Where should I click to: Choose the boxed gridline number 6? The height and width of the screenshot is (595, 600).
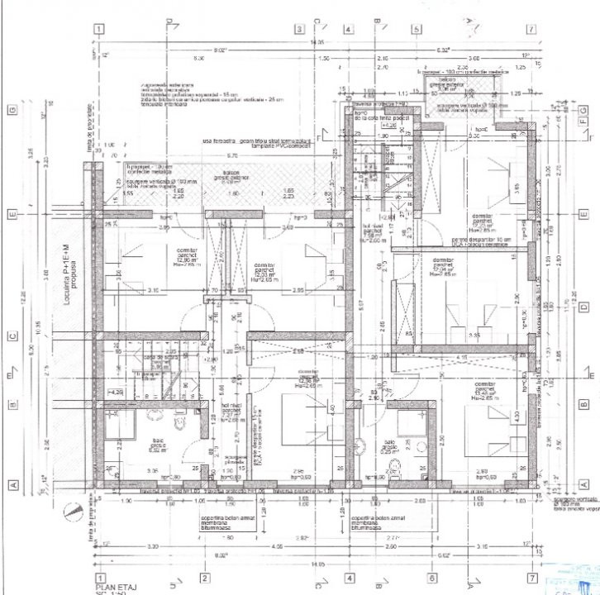pyautogui.click(x=431, y=578)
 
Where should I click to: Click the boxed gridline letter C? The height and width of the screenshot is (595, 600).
pyautogui.click(x=13, y=336)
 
